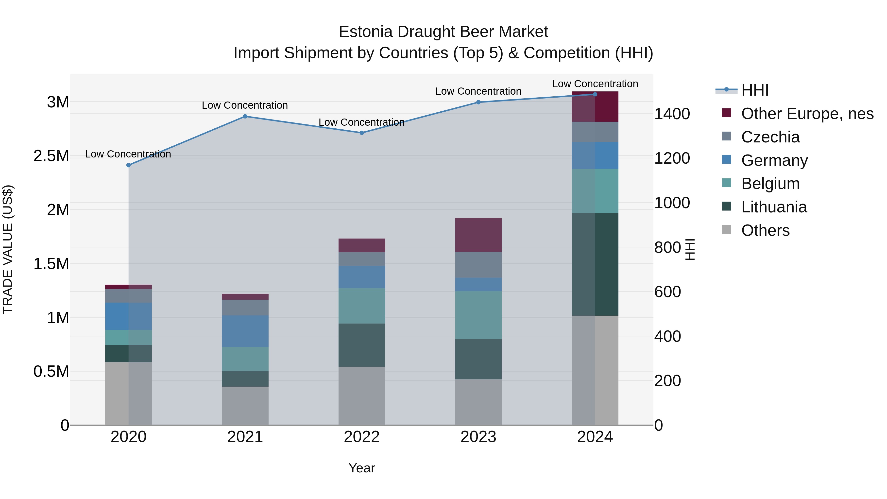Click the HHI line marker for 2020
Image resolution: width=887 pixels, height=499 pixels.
click(128, 165)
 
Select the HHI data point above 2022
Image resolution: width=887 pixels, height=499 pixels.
click(361, 133)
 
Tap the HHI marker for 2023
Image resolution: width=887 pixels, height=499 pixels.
click(478, 102)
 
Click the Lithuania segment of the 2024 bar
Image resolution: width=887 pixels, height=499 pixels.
click(595, 264)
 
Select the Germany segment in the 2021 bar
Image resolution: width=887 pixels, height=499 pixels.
click(245, 331)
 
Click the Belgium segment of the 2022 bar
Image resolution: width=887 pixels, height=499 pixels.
click(361, 306)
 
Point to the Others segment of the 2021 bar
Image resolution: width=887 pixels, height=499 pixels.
click(245, 406)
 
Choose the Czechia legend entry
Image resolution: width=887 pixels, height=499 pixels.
click(770, 137)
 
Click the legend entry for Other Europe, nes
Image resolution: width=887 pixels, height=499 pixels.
click(807, 114)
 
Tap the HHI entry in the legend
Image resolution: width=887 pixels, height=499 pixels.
click(754, 90)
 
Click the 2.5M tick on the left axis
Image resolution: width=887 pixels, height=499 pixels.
click(51, 156)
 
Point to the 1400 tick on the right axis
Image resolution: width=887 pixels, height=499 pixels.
click(672, 114)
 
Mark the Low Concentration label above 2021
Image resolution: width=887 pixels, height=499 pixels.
click(245, 105)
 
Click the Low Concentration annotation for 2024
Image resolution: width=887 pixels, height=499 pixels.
click(595, 84)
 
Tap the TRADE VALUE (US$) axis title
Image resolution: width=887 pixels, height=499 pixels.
click(8, 249)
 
